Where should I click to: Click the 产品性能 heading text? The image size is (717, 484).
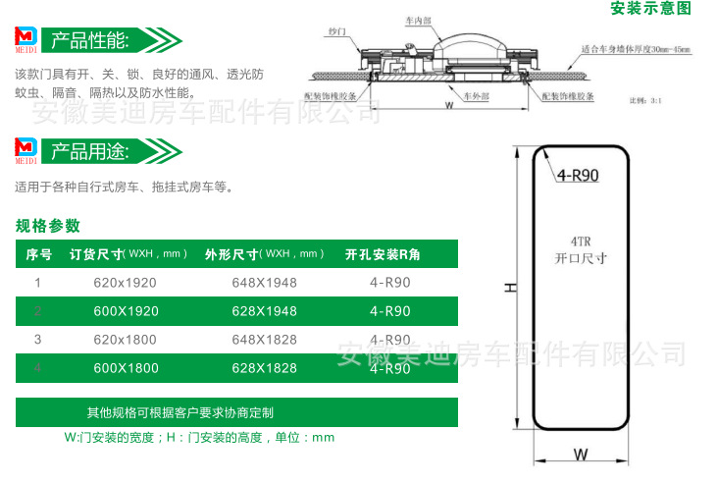point(88,40)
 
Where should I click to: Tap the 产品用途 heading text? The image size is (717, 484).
point(88,152)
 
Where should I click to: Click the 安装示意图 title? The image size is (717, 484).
point(651,9)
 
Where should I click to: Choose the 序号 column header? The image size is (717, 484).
point(38,254)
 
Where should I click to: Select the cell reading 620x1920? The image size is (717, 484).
point(125,283)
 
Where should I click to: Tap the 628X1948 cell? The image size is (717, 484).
point(264,311)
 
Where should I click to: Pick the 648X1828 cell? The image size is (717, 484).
point(264,340)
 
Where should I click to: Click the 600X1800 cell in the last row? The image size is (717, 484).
point(125,368)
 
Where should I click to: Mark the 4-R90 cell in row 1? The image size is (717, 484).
point(389,283)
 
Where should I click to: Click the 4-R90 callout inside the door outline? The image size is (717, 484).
point(578,176)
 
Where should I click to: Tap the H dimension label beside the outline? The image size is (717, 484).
point(509,288)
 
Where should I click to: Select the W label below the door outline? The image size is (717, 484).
point(581,455)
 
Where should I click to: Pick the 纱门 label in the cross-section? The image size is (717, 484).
point(339,31)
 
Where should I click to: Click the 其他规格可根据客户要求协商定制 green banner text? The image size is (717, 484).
point(179,411)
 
